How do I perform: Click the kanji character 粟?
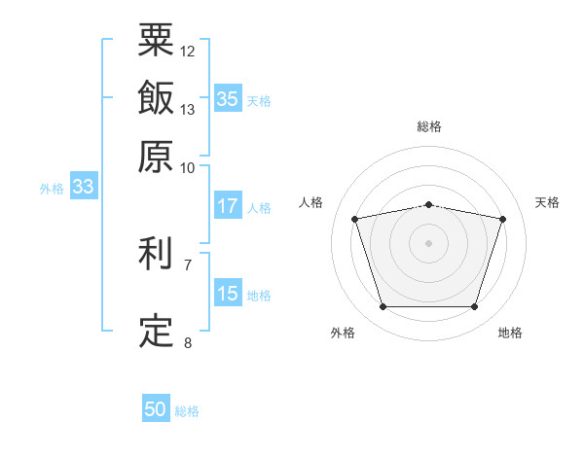coord(156,41)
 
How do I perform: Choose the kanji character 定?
coord(156,332)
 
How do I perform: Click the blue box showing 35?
coord(228,99)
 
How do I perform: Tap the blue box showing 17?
coord(228,206)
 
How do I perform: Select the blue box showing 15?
coord(228,294)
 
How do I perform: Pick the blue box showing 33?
coord(83,188)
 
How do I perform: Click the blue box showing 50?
coord(156,409)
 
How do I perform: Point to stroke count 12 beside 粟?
coord(188,51)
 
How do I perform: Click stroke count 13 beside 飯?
coord(188,109)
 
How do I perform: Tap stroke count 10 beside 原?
coord(188,166)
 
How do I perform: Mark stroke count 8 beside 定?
coord(188,342)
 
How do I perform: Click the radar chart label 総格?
coord(429,127)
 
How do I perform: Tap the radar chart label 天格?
coord(547,202)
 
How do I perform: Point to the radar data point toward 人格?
coord(355,219)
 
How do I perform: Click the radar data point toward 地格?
coord(474,307)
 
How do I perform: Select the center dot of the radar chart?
coord(429,243)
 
